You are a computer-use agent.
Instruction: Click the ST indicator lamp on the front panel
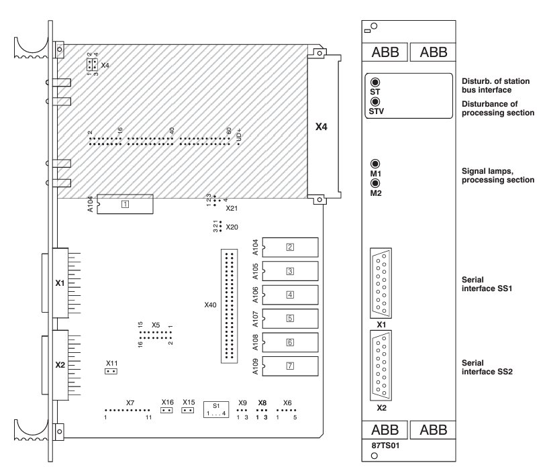pyautogui.click(x=375, y=82)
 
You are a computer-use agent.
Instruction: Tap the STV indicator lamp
pyautogui.click(x=375, y=102)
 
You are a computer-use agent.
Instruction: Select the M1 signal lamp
pyautogui.click(x=375, y=164)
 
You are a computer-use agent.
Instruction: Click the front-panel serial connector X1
pyautogui.click(x=381, y=282)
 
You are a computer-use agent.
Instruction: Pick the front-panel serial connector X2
pyautogui.click(x=381, y=367)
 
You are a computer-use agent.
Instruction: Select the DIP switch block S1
pyautogui.click(x=215, y=408)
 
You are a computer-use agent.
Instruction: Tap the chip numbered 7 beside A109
pyautogui.click(x=290, y=366)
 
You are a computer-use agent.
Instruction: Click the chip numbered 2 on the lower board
pyautogui.click(x=290, y=247)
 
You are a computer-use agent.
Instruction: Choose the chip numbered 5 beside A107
pyautogui.click(x=290, y=319)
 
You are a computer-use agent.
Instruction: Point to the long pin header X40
pyautogui.click(x=229, y=305)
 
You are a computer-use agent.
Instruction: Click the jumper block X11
pyautogui.click(x=112, y=370)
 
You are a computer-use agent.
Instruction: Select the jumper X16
pyautogui.click(x=167, y=410)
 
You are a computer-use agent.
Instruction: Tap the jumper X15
pyautogui.click(x=189, y=410)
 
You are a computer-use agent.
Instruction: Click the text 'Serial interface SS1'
pyautogui.click(x=481, y=282)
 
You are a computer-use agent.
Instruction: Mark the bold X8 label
pyautogui.click(x=262, y=403)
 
